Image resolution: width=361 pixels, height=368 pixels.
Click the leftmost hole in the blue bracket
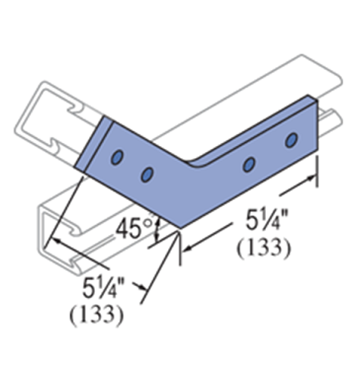(116, 157)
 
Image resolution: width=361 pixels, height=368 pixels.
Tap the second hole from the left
(146, 175)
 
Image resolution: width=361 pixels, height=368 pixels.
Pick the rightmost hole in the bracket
(290, 140)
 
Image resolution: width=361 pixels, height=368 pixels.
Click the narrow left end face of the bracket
(93, 144)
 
